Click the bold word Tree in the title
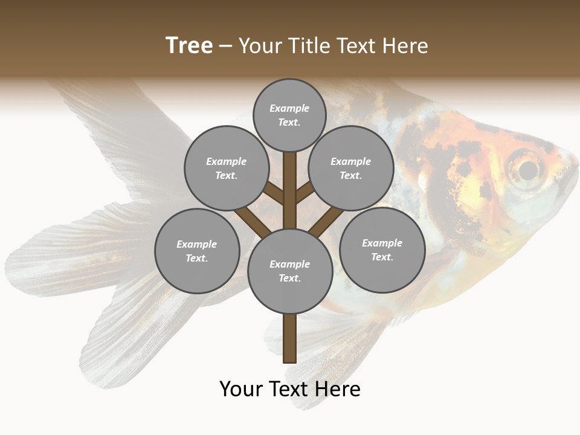(189, 45)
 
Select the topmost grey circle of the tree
(289, 115)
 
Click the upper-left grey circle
(226, 168)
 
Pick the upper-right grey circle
(350, 168)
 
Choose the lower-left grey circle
(196, 251)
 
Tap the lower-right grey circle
(382, 250)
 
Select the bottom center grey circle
(289, 271)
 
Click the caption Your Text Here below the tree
(289, 389)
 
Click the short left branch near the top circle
(275, 193)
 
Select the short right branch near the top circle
(304, 192)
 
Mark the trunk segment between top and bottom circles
(289, 199)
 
